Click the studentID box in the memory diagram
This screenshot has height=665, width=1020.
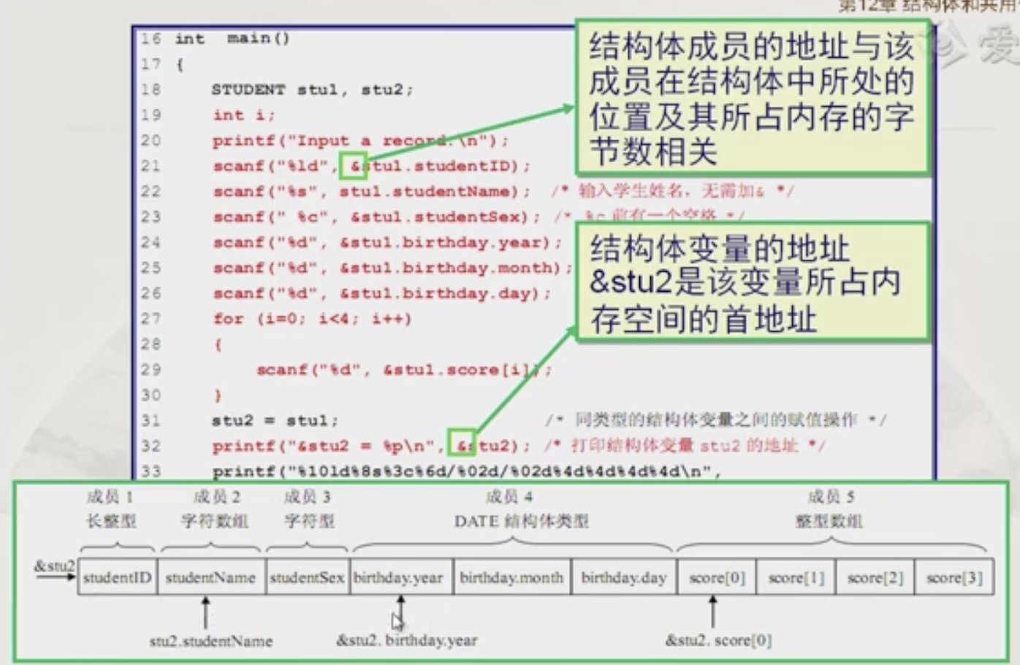coord(117,577)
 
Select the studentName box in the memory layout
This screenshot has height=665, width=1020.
coord(210,577)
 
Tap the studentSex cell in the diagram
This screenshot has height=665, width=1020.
coord(307,577)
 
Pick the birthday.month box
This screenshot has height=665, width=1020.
coord(511,577)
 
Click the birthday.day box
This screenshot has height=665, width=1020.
coord(623,577)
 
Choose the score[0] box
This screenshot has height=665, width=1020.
coord(716,577)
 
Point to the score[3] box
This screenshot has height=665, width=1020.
coord(954,577)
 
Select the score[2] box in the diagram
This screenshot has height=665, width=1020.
coord(875,577)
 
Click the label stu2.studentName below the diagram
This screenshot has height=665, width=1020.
coord(210,641)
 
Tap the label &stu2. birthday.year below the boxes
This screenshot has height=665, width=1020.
coord(406,641)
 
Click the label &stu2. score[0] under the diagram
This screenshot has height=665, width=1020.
coord(718,641)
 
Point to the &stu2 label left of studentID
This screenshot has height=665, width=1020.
coord(53,566)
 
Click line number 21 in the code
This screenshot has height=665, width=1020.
coord(151,166)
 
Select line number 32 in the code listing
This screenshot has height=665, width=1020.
coord(151,446)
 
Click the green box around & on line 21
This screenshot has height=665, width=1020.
coord(354,166)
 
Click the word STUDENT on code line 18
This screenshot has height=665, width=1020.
coord(248,90)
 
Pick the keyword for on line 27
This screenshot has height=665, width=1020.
coord(228,319)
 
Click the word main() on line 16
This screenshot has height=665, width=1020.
coord(258,39)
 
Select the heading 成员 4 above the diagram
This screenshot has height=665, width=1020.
coord(509,497)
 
